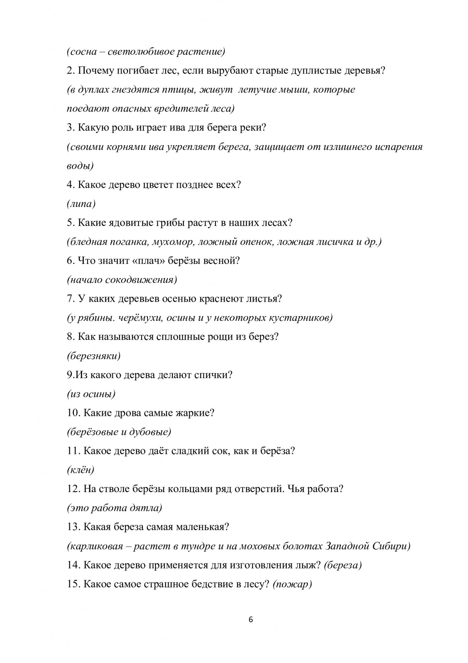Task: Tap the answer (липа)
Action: tap(81, 204)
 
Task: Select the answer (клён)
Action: tap(80, 470)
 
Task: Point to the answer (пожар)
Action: tap(292, 584)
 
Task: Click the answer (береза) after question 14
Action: tap(342, 565)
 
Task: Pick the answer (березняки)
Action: tap(94, 356)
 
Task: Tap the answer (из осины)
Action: tap(91, 394)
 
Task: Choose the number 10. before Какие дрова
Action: tap(74, 413)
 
